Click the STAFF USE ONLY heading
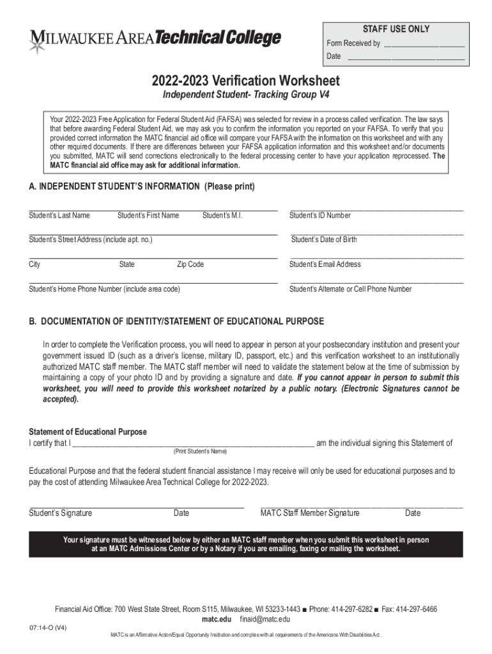(x=396, y=29)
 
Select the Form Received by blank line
(x=424, y=45)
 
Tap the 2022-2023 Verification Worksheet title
(x=245, y=81)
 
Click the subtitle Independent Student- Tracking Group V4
(x=245, y=96)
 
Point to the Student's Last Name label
(x=59, y=215)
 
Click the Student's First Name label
(x=148, y=215)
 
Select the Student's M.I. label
(x=222, y=215)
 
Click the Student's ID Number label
(x=319, y=215)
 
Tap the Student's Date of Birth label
(x=324, y=240)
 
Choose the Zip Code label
(x=190, y=264)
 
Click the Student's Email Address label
(x=325, y=264)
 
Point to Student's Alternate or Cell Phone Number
(x=350, y=289)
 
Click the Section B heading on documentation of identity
(x=176, y=321)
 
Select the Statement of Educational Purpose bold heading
(x=88, y=432)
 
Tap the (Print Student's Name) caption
(x=200, y=452)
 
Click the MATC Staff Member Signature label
(x=310, y=513)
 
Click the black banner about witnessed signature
(x=245, y=544)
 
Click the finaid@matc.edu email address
(x=265, y=620)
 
